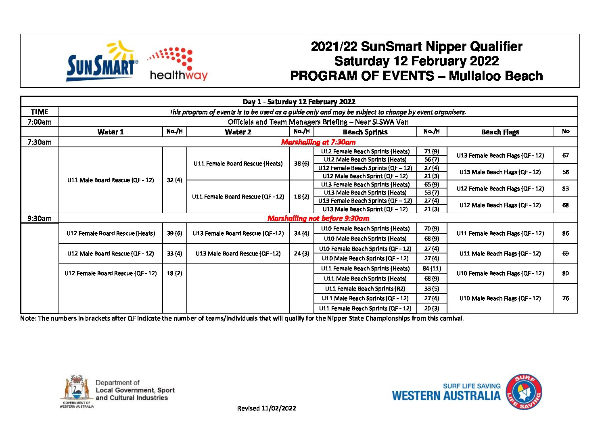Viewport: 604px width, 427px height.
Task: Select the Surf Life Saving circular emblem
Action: click(524, 391)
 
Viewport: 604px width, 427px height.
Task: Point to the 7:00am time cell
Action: click(40, 122)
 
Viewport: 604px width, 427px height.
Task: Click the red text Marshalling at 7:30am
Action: click(318, 142)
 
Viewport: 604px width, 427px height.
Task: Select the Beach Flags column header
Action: click(500, 132)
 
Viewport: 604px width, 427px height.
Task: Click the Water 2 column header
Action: click(238, 132)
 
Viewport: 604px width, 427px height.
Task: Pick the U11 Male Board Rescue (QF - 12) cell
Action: click(111, 180)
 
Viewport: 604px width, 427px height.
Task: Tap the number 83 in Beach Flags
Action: click(565, 188)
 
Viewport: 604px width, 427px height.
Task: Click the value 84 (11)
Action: click(432, 268)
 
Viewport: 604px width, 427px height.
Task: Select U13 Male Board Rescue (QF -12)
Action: click(238, 253)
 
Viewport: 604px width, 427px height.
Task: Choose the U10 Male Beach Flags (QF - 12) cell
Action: click(500, 298)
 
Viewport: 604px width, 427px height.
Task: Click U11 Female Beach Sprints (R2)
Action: click(365, 289)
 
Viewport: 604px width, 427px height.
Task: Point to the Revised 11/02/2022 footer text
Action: click(266, 408)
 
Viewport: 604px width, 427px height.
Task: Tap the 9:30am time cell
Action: click(40, 218)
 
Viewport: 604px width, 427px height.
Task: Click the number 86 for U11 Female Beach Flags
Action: click(565, 233)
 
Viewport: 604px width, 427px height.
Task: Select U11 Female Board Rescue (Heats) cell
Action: click(238, 163)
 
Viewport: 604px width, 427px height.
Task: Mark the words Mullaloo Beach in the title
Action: click(495, 76)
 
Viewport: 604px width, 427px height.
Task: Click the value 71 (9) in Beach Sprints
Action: click(432, 151)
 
